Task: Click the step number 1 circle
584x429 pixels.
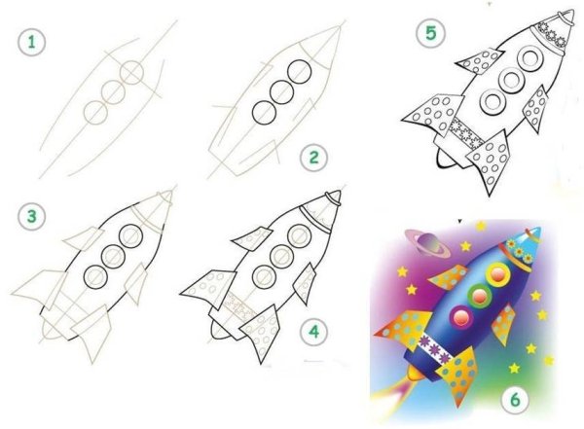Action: pos(32,42)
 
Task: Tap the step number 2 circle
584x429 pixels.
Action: pos(314,158)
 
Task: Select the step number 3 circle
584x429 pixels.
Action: pos(32,217)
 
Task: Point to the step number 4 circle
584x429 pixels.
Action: pos(314,332)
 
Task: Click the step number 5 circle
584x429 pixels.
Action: pos(430,33)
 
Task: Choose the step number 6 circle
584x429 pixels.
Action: pos(515,400)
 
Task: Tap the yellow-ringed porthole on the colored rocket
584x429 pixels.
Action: pos(497,274)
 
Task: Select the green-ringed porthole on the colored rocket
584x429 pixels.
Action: pos(479,296)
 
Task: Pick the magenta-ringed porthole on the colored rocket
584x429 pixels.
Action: pos(461,317)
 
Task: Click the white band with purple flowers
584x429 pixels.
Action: pos(433,348)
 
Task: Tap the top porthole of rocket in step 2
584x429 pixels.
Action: pos(299,72)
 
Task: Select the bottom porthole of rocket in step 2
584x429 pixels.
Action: pos(264,112)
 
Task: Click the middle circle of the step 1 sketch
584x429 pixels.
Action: pos(113,91)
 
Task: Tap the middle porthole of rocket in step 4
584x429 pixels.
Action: pos(282,256)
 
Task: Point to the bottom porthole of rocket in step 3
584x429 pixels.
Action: pos(95,276)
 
